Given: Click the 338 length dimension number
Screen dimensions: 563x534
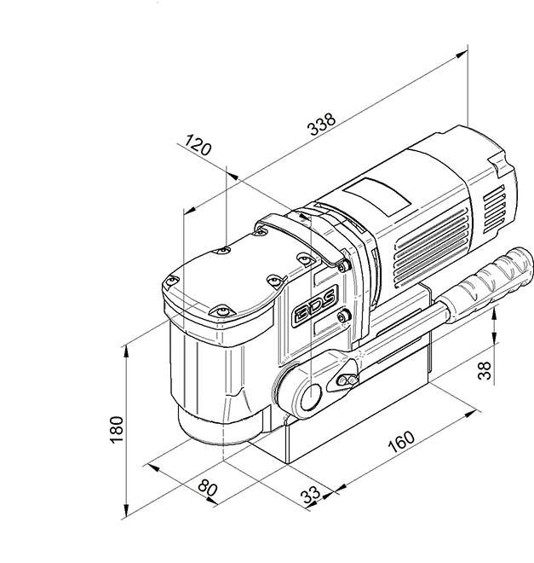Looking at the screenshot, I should point(321,125).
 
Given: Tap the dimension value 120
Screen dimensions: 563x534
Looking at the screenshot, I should point(198,146).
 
